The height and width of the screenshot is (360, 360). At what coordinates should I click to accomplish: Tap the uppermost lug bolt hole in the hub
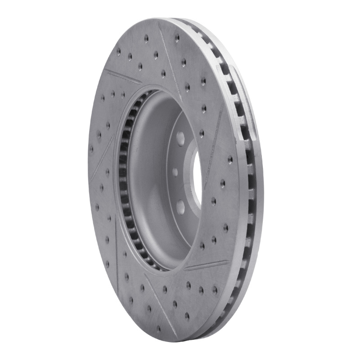click(x=180, y=137)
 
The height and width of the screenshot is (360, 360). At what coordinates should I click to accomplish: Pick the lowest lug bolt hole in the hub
click(x=180, y=206)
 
